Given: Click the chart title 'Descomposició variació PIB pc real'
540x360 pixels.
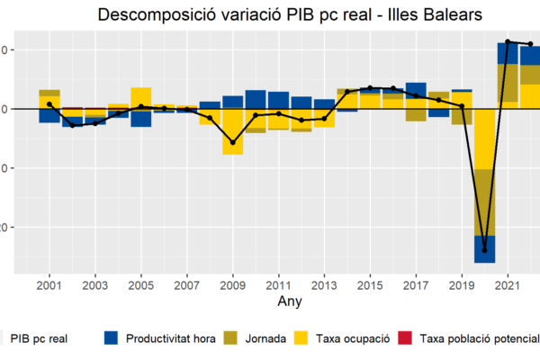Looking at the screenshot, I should coord(289,15).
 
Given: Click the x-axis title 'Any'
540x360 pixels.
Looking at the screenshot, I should coord(290,300).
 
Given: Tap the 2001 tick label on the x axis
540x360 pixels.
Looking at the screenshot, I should coord(49,284).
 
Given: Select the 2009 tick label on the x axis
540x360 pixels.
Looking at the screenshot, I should coord(233,284).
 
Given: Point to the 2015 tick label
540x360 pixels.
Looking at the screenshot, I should coord(370,284).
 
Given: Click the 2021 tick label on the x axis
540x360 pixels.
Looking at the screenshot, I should coord(508,284).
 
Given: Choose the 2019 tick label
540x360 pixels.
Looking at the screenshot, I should coord(462,284).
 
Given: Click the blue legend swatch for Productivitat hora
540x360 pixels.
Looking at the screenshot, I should coord(112,338).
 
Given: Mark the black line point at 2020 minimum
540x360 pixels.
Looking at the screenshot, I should coord(485,250).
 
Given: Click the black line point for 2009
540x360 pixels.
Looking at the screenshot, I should coord(233,142).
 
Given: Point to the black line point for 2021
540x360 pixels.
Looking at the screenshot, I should coord(508,41).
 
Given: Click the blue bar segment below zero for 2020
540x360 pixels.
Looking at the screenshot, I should coord(485,248).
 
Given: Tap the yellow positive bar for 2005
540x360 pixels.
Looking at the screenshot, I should coord(141,97).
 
